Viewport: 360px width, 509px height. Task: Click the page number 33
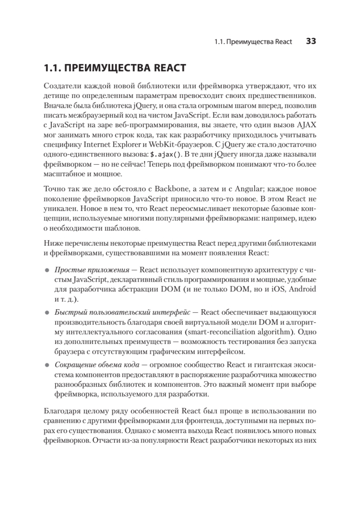coord(311,42)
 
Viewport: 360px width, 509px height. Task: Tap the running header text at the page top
coord(253,42)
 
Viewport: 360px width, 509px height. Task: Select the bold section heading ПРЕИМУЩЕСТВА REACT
coord(115,68)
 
